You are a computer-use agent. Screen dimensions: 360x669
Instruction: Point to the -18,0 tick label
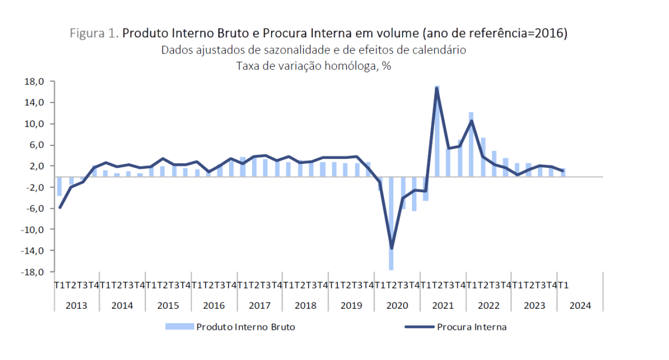[33, 272]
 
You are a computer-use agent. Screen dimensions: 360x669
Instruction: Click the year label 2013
[76, 306]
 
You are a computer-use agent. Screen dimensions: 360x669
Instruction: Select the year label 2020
[397, 306]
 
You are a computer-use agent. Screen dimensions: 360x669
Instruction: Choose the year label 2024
[580, 306]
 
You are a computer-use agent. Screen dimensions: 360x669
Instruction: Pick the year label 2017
[260, 306]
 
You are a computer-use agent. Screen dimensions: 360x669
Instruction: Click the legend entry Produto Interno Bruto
[245, 327]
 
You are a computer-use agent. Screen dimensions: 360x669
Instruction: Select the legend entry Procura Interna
[472, 327]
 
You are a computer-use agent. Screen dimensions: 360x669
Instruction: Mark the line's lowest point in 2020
[391, 249]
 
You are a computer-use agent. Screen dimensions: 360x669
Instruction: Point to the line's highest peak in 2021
[437, 88]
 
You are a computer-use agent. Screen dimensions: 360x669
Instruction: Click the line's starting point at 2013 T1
[59, 207]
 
